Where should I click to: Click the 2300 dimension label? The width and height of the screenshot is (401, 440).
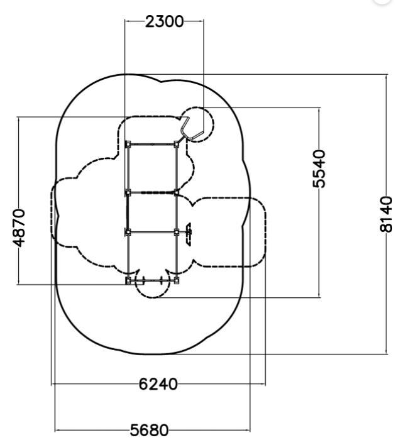165,21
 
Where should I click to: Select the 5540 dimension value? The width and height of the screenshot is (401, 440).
319,168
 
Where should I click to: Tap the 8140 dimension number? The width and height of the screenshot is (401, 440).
386,214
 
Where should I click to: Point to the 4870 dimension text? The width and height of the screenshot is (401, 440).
19,228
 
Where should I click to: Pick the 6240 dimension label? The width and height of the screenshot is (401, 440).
158,383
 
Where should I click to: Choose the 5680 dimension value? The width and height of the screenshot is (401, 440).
150,429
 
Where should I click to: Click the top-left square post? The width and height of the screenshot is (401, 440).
128,144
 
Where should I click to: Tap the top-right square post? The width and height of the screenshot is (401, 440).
176,144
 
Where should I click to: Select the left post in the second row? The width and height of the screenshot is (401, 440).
128,193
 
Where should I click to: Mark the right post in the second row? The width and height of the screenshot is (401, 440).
176,193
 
